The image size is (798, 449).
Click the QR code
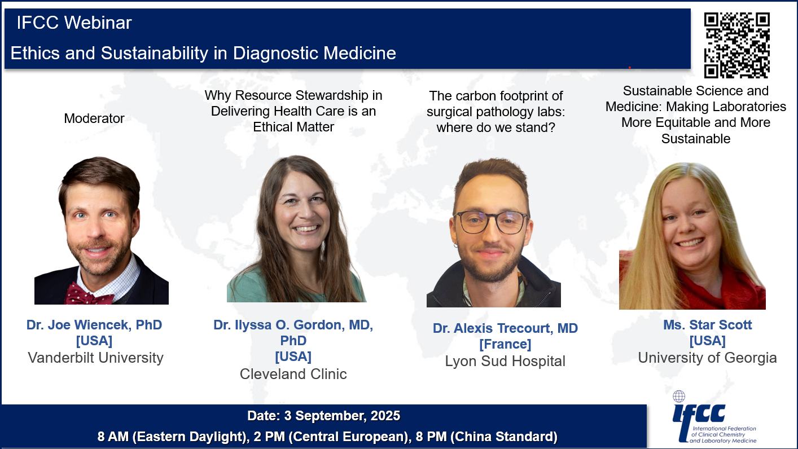tap(736, 45)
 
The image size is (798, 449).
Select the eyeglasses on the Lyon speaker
tap(491, 222)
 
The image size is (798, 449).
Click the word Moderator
tap(94, 118)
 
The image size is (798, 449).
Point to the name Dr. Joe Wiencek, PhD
tap(94, 325)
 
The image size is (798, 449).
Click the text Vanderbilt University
tap(95, 358)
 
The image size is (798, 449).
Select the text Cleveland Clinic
tap(293, 374)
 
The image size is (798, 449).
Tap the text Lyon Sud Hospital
tap(505, 361)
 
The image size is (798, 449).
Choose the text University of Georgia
tap(707, 358)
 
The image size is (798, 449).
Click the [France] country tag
tap(505, 344)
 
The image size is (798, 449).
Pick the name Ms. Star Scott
tap(707, 325)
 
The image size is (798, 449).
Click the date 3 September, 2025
tap(342, 416)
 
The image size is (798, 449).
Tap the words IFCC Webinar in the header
tap(74, 23)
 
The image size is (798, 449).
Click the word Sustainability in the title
tap(155, 54)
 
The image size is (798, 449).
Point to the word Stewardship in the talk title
tap(332, 95)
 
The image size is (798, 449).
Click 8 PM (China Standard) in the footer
tap(486, 437)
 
